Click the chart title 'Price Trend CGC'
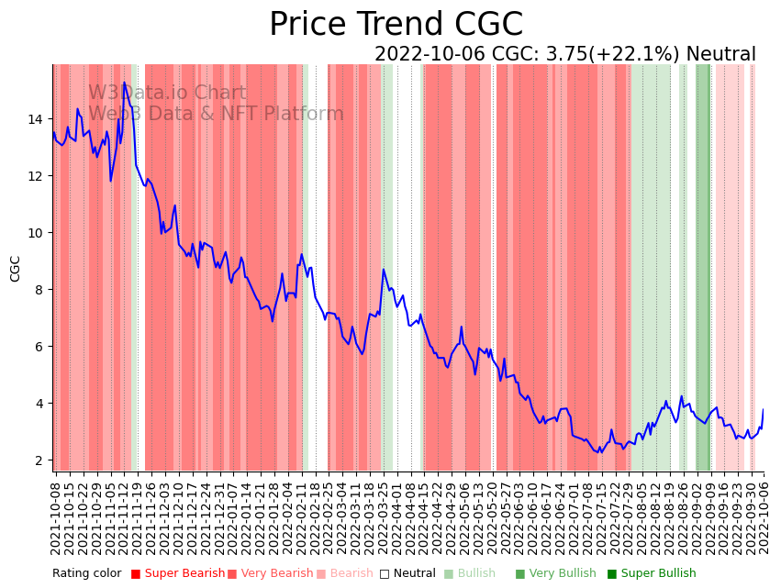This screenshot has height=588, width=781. pos(396,25)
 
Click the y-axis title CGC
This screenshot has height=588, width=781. pos(16,269)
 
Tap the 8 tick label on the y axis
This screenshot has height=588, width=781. pos(38,290)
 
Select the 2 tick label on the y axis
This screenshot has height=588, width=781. pos(38,460)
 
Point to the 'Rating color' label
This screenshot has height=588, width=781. pos(86,574)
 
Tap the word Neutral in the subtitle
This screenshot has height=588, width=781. pos(720,54)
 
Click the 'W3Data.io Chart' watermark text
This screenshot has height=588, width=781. pos(167,94)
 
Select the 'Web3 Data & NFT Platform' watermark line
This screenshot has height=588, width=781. pos(216,115)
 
